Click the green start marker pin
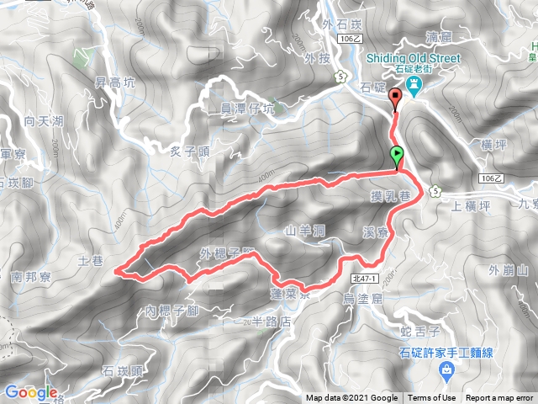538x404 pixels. pyautogui.click(x=397, y=156)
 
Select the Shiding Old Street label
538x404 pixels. pyautogui.click(x=414, y=58)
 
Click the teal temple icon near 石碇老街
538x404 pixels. pyautogui.click(x=414, y=86)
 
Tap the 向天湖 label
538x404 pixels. pyautogui.click(x=44, y=122)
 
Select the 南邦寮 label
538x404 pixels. pyautogui.click(x=34, y=275)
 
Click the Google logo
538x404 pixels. pyautogui.click(x=30, y=392)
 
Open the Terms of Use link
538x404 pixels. pyautogui.click(x=432, y=398)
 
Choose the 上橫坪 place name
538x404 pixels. pyautogui.click(x=470, y=205)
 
